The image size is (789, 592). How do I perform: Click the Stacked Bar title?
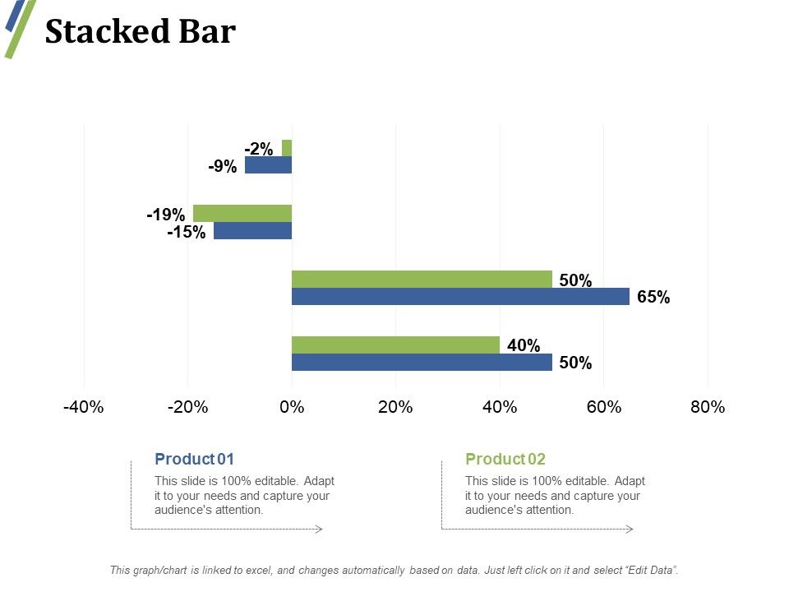pos(140,32)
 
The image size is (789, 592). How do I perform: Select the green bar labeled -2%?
pos(287,148)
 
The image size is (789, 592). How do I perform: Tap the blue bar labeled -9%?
pos(268,165)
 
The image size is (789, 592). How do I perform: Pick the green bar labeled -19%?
pos(242,213)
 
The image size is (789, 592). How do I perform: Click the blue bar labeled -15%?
pos(252,231)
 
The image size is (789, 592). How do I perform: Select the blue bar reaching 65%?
pos(460,296)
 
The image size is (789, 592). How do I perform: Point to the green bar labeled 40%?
pos(395,345)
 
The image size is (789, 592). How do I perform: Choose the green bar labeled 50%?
pos(422,279)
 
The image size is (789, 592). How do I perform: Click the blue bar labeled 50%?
pos(422,363)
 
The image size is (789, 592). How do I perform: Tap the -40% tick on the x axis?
pos(83,407)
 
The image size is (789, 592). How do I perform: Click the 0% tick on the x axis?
pos(292,407)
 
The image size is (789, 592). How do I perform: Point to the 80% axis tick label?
pos(708,407)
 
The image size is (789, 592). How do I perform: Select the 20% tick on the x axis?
pos(395,407)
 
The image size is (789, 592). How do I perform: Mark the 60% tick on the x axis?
pos(603,407)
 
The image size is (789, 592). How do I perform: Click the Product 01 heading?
pos(194,459)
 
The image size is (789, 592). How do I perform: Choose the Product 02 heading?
pos(505,459)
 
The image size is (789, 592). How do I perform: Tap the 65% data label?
pos(653,298)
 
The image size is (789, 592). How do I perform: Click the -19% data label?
pos(165,215)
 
